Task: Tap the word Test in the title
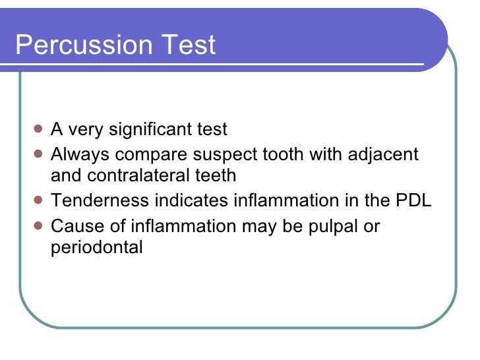point(192,45)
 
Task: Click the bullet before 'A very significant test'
point(38,129)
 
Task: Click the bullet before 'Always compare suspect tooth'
point(38,154)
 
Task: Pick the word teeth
point(214,176)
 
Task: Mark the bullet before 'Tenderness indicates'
point(38,200)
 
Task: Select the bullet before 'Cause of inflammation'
point(38,225)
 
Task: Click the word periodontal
point(96,248)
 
